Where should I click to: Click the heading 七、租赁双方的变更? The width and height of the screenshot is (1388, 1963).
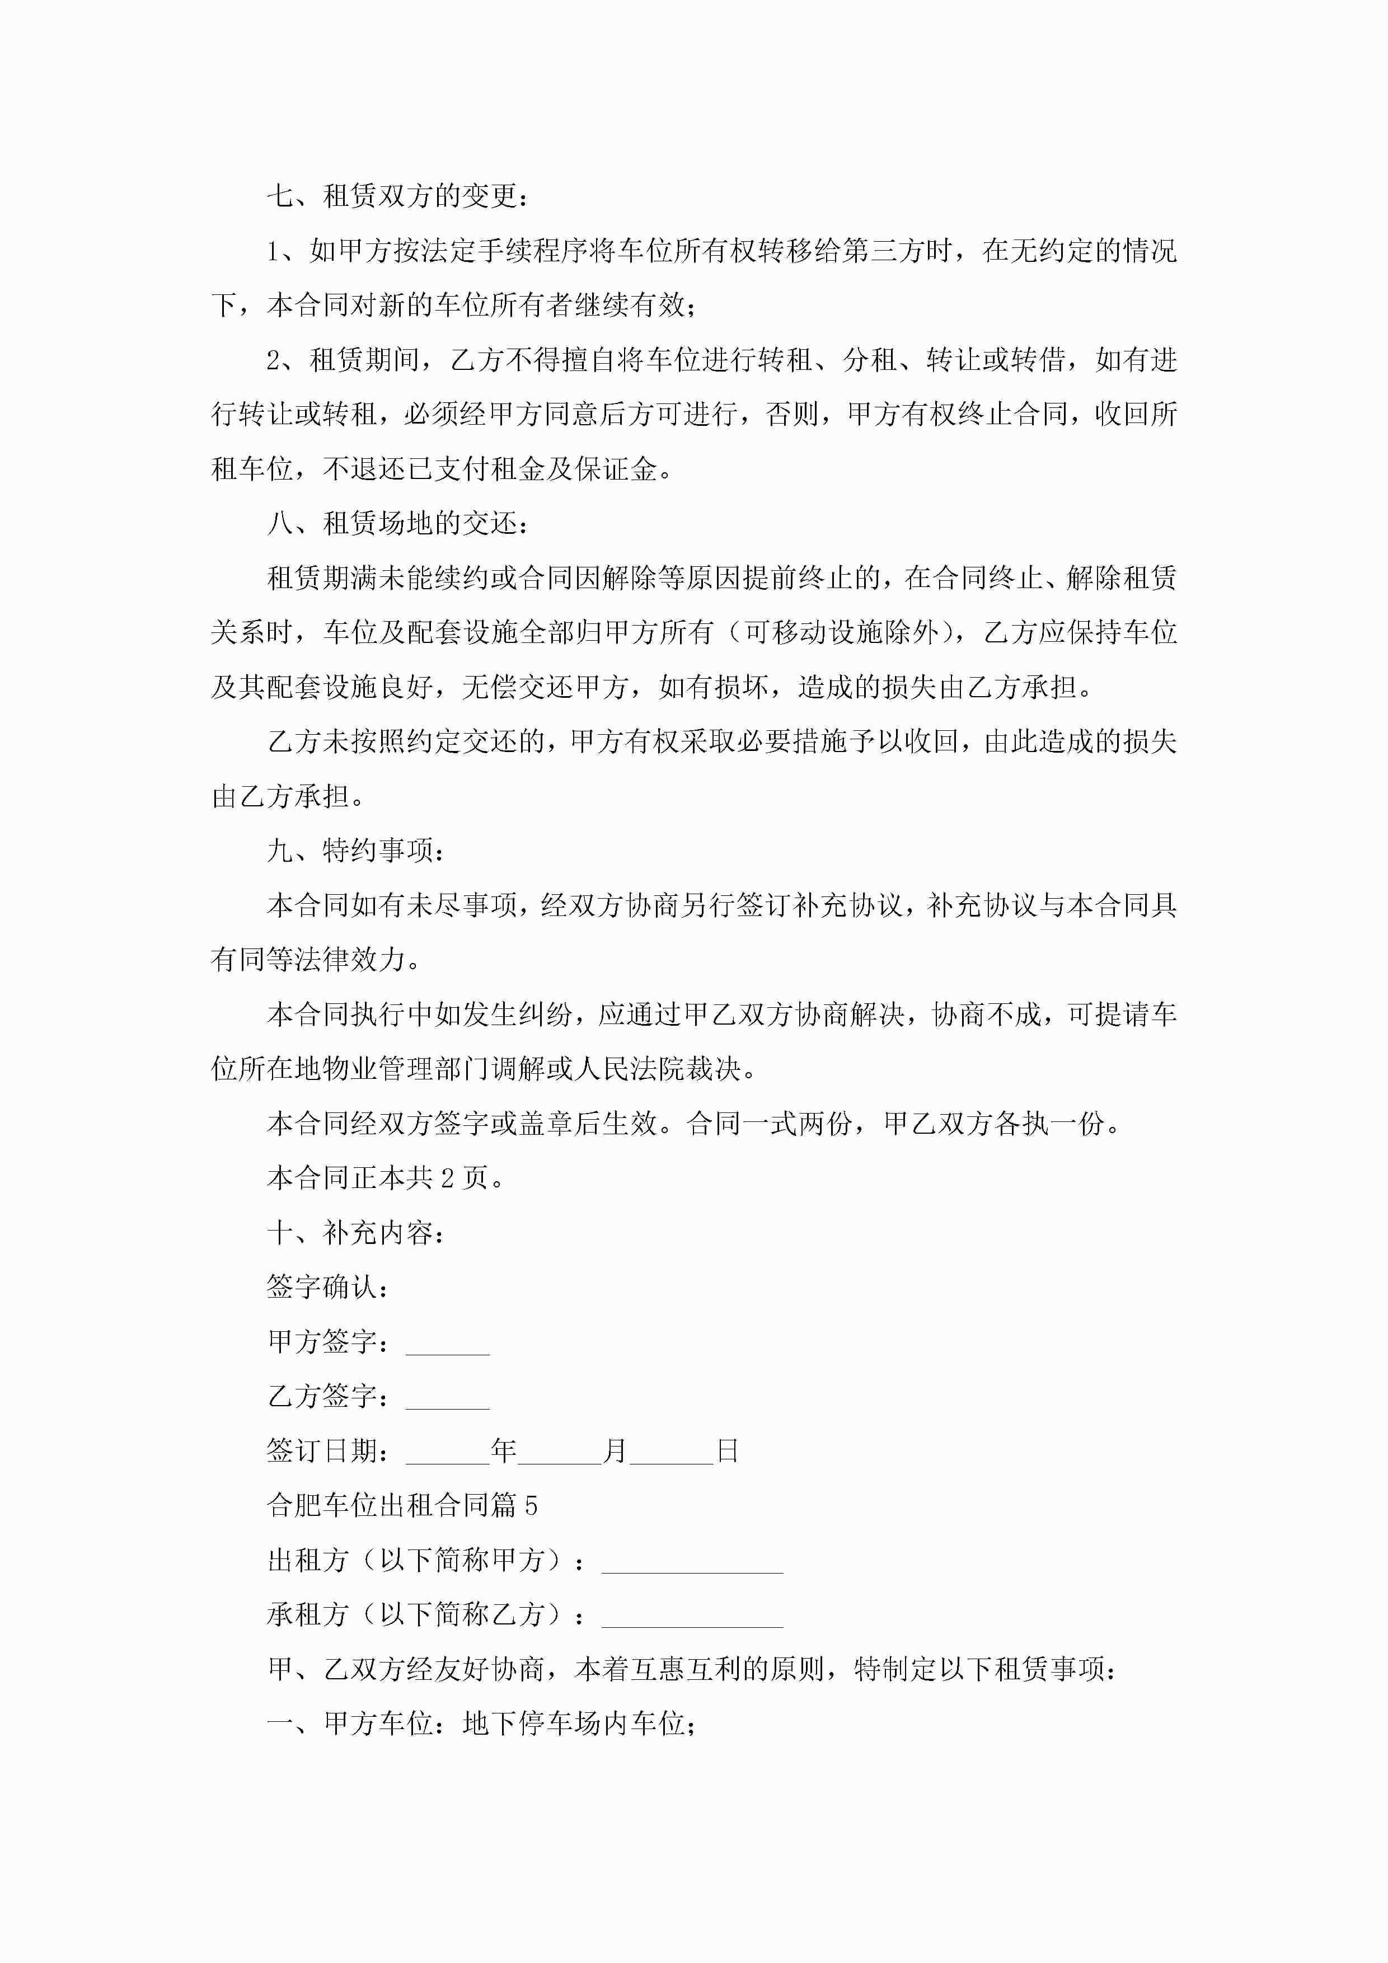pyautogui.click(x=398, y=196)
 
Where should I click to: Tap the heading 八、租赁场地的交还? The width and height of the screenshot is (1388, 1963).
pyautogui.click(x=398, y=523)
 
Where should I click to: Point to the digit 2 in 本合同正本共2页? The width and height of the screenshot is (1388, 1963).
pyautogui.click(x=447, y=1178)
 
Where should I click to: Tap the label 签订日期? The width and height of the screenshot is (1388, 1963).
pyautogui.click(x=327, y=1451)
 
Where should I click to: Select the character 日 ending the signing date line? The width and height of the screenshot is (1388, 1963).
pyautogui.click(x=727, y=1451)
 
